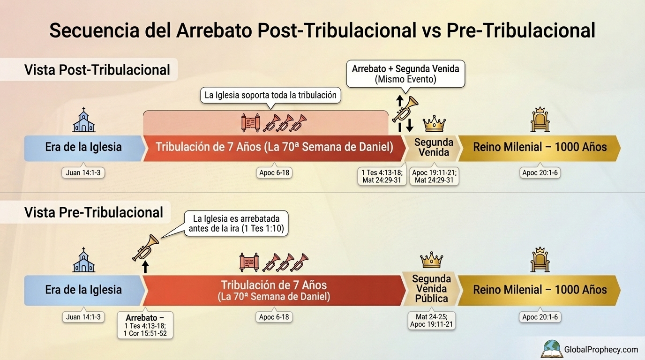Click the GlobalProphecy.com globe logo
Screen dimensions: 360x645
coord(552,349)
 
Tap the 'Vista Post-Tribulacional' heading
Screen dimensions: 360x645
coord(97,70)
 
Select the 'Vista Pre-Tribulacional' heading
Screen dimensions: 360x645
coord(94,212)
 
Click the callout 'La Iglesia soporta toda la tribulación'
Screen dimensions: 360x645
coord(270,95)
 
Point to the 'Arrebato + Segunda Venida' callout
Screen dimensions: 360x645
coord(405,74)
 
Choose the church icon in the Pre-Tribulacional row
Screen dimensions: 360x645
coord(83,260)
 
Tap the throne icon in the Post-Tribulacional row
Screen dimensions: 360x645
coord(540,120)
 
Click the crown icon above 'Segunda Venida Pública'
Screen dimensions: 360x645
coord(431,260)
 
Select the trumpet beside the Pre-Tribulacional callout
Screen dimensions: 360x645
coord(146,248)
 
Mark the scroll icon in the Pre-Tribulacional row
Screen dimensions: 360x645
coord(249,262)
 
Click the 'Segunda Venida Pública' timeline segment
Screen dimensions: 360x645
coord(431,289)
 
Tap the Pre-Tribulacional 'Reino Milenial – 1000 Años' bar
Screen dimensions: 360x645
coord(540,290)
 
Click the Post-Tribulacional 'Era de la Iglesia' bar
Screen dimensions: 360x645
coord(83,147)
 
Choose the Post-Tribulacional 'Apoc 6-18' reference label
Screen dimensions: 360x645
coord(274,173)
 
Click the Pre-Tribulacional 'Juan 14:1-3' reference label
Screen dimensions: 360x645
coord(83,317)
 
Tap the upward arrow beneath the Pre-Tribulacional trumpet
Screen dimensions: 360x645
coord(145,267)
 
